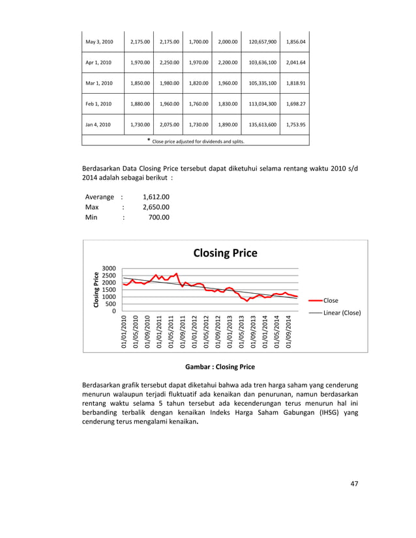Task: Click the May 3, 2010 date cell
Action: click(99, 42)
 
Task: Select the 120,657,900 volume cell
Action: click(262, 42)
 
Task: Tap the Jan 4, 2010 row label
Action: click(98, 124)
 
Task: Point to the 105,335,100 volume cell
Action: click(262, 83)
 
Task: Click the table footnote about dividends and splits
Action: click(196, 141)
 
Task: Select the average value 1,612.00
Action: click(156, 197)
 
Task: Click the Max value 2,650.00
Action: click(156, 207)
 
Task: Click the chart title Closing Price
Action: click(225, 253)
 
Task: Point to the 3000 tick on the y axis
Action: click(109, 268)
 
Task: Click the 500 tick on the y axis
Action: click(111, 304)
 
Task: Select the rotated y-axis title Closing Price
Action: click(95, 289)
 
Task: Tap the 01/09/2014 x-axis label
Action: click(290, 332)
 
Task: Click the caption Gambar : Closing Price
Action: click(220, 367)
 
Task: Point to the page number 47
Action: click(354, 483)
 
